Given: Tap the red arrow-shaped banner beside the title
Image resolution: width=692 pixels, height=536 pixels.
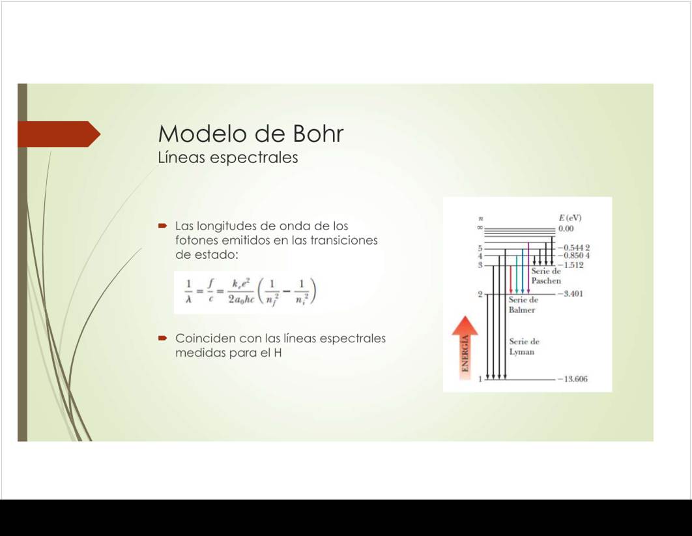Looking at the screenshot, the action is (x=59, y=134).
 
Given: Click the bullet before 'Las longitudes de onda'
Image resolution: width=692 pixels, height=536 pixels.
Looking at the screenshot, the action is (x=162, y=226).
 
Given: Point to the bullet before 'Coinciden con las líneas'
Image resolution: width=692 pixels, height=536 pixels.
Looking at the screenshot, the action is (x=162, y=338).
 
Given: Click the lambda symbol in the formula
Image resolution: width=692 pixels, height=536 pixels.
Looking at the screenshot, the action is (x=188, y=300).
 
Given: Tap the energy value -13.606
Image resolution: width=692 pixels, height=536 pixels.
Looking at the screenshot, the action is (x=572, y=379).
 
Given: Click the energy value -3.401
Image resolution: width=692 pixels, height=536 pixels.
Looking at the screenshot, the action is (x=570, y=293).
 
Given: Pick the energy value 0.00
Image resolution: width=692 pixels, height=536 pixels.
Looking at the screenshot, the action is (x=566, y=229).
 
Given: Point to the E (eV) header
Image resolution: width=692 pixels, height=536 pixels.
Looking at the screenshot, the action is (x=570, y=218).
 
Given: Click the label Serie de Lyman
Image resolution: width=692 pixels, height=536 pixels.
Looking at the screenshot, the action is (x=524, y=347).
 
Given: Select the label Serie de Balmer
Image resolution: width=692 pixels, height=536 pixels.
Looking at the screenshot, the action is (x=523, y=305).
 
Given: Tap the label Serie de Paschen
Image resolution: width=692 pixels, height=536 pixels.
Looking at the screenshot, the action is (x=546, y=276).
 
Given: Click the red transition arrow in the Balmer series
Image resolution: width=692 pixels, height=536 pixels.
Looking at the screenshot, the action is (x=511, y=280).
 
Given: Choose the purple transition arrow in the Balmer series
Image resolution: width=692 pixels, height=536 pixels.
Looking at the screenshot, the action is (x=528, y=267).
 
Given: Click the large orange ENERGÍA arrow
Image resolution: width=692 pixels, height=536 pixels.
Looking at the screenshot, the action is (x=465, y=348).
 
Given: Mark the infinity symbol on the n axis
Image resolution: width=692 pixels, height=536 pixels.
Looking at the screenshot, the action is (x=480, y=228).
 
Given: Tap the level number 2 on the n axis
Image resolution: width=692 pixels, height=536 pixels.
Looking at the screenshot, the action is (x=480, y=294).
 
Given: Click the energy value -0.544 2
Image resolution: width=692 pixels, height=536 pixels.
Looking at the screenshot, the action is (x=573, y=248).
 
